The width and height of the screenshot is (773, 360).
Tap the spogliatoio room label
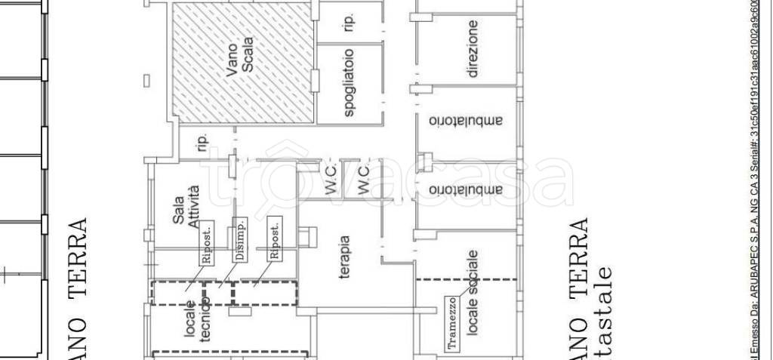click(x=350, y=83)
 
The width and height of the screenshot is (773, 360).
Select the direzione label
click(x=473, y=49)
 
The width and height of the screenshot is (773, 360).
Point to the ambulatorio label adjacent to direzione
click(x=466, y=121)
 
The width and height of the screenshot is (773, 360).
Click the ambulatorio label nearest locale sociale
click(x=466, y=189)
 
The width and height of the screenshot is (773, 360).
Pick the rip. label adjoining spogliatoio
click(x=349, y=23)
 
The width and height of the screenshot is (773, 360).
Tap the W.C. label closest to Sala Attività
click(x=331, y=182)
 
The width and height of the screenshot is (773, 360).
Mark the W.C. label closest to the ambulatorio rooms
click(x=363, y=182)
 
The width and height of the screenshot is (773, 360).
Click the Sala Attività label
click(x=186, y=206)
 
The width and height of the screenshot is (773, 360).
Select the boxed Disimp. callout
click(x=240, y=239)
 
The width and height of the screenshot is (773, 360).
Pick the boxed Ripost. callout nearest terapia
click(x=275, y=239)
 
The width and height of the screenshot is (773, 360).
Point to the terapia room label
click(x=343, y=257)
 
